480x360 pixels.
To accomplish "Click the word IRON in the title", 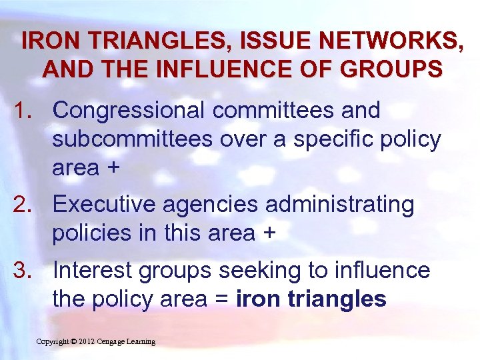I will tap(49, 41).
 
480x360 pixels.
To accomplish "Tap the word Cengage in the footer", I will tap(115, 341).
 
